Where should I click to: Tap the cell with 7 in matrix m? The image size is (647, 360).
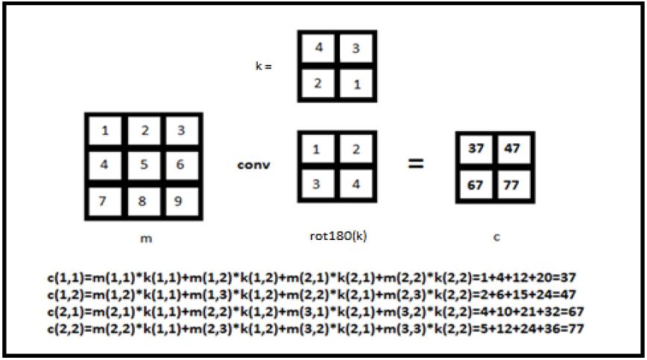pos(105,200)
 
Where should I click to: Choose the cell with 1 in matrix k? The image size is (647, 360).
pos(356,83)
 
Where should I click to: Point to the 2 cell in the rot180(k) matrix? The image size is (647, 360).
pos(356,150)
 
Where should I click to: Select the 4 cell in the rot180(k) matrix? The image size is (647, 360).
pos(356,184)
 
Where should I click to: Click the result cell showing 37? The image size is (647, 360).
pos(476,150)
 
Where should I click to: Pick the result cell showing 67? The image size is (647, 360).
pos(476,184)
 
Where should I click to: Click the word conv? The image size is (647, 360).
pos(254,164)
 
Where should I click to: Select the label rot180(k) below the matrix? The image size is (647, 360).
pos(337,237)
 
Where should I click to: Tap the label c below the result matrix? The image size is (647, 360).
pos(496,237)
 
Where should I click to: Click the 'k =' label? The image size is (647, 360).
pos(263,66)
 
